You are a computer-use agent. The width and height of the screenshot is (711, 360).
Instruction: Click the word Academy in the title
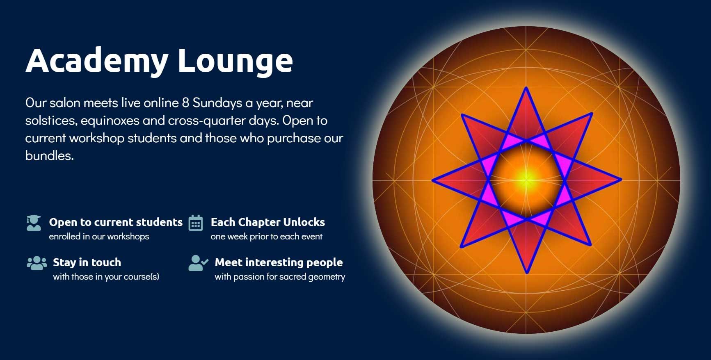pyautogui.click(x=97, y=61)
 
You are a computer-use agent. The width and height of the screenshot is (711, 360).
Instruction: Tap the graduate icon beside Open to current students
pyautogui.click(x=34, y=223)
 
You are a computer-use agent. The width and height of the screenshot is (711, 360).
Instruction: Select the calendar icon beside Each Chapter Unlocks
pyautogui.click(x=196, y=223)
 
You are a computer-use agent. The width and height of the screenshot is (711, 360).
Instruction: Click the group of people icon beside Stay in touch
pyautogui.click(x=37, y=263)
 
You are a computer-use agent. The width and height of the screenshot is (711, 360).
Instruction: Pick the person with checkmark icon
pyautogui.click(x=198, y=263)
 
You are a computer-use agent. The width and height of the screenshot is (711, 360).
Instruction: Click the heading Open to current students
pyautogui.click(x=116, y=222)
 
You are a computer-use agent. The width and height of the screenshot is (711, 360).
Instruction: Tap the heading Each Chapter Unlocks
pyautogui.click(x=267, y=222)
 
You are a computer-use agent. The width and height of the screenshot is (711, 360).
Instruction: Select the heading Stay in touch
pyautogui.click(x=87, y=262)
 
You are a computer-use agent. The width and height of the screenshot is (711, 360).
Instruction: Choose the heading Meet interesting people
pyautogui.click(x=279, y=262)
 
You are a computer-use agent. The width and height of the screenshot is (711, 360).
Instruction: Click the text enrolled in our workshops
pyautogui.click(x=99, y=237)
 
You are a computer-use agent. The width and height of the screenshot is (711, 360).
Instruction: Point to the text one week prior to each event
pyautogui.click(x=266, y=237)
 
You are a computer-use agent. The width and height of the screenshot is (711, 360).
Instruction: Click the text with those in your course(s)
pyautogui.click(x=106, y=277)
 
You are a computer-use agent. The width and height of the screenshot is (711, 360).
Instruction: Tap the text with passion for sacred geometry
pyautogui.click(x=280, y=277)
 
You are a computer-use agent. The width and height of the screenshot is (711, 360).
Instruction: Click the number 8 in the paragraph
pyautogui.click(x=185, y=103)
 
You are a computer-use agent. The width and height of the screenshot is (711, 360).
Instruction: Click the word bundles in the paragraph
pyautogui.click(x=49, y=156)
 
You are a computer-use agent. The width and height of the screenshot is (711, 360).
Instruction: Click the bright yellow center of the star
pyautogui.click(x=527, y=180)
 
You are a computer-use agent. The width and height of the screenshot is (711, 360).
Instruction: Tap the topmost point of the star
pyautogui.click(x=526, y=87)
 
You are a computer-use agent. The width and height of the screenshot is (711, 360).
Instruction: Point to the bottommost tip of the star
pyautogui.click(x=527, y=272)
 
